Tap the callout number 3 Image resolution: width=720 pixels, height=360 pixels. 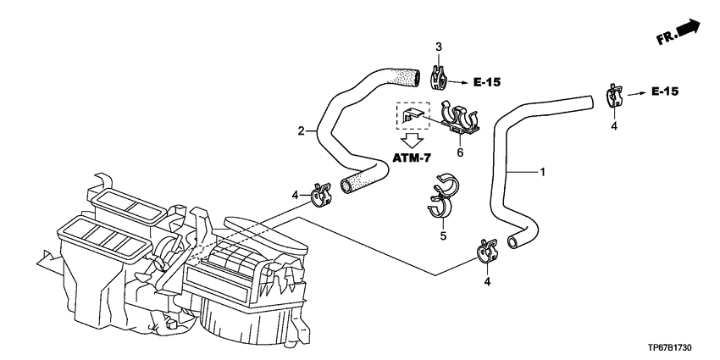click(x=439, y=47)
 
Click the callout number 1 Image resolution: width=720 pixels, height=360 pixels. click(x=542, y=172)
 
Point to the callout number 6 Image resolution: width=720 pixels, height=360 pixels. click(x=460, y=152)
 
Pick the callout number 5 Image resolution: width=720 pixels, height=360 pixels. click(x=443, y=236)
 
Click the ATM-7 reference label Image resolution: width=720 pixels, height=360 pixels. click(x=412, y=158)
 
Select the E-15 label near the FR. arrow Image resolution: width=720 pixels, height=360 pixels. click(x=664, y=91)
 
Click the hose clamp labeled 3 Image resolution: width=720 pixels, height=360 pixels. click(x=438, y=78)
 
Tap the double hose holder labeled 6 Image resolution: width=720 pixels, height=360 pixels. click(x=459, y=119)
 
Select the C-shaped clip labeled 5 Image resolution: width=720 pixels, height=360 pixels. click(x=441, y=197)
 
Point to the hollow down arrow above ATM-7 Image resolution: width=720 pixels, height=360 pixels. click(x=412, y=140)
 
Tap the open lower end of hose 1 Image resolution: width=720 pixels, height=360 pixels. click(x=513, y=241)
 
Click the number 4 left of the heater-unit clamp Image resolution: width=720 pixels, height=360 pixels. click(x=296, y=196)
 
